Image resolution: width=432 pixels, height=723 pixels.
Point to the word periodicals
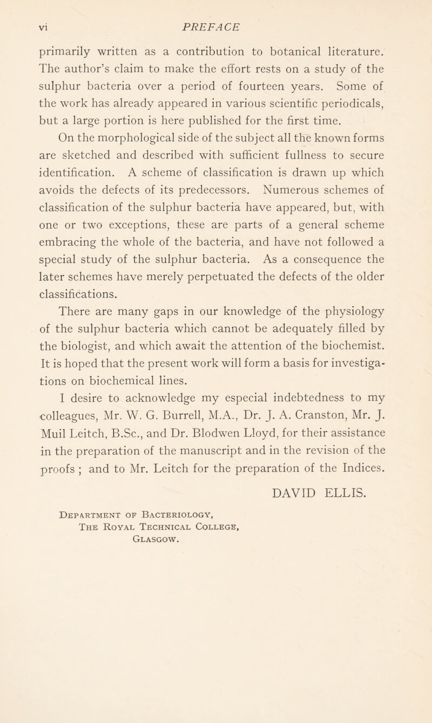pyautogui.click(x=373, y=120)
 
